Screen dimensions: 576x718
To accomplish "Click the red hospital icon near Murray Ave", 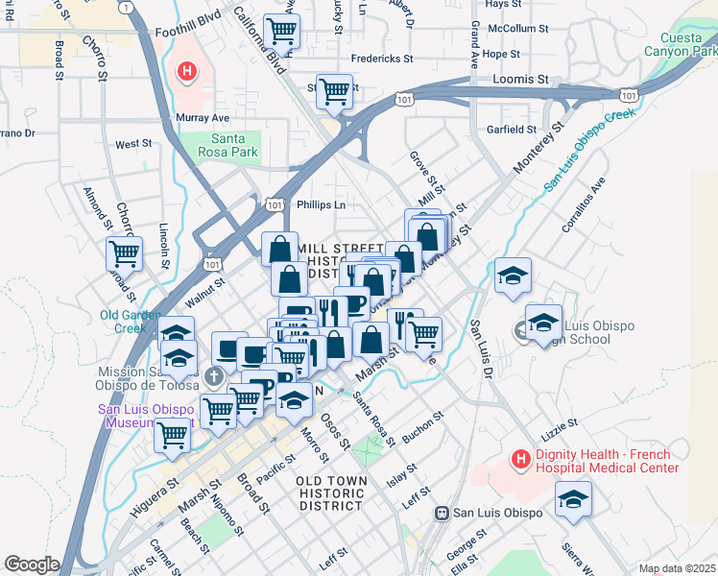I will [186, 71].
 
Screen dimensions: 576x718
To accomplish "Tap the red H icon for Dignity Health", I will [520, 460].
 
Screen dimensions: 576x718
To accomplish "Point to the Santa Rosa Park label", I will [228, 145].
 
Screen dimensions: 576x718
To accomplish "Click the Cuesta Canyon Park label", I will [680, 44].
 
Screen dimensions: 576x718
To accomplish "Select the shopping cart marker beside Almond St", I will [124, 253].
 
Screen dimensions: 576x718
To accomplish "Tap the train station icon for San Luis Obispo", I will [443, 513].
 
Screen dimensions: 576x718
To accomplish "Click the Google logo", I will [32, 564].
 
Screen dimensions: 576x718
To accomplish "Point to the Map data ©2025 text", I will [677, 568].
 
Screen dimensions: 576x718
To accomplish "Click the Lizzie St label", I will [559, 421].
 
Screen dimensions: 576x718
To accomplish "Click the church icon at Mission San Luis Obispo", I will [220, 372].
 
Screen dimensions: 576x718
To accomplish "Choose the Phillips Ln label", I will [320, 204].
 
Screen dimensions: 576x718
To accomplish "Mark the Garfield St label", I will [511, 129].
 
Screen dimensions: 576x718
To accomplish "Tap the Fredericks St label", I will [381, 59].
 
